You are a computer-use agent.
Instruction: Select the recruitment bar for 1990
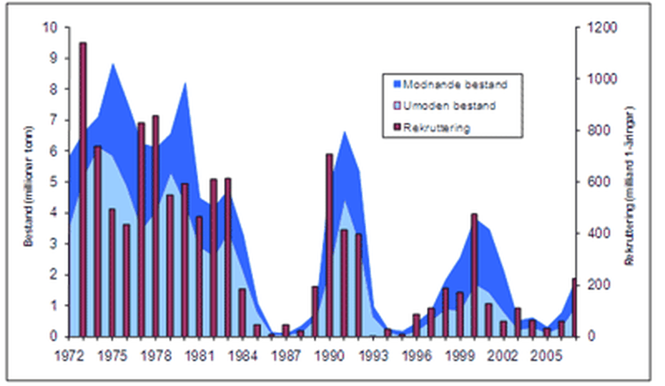point(329,244)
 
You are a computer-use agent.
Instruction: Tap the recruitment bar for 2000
point(474,275)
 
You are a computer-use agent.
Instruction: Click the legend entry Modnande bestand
point(454,85)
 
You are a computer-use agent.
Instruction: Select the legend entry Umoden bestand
point(449,106)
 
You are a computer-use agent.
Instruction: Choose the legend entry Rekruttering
point(437,128)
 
